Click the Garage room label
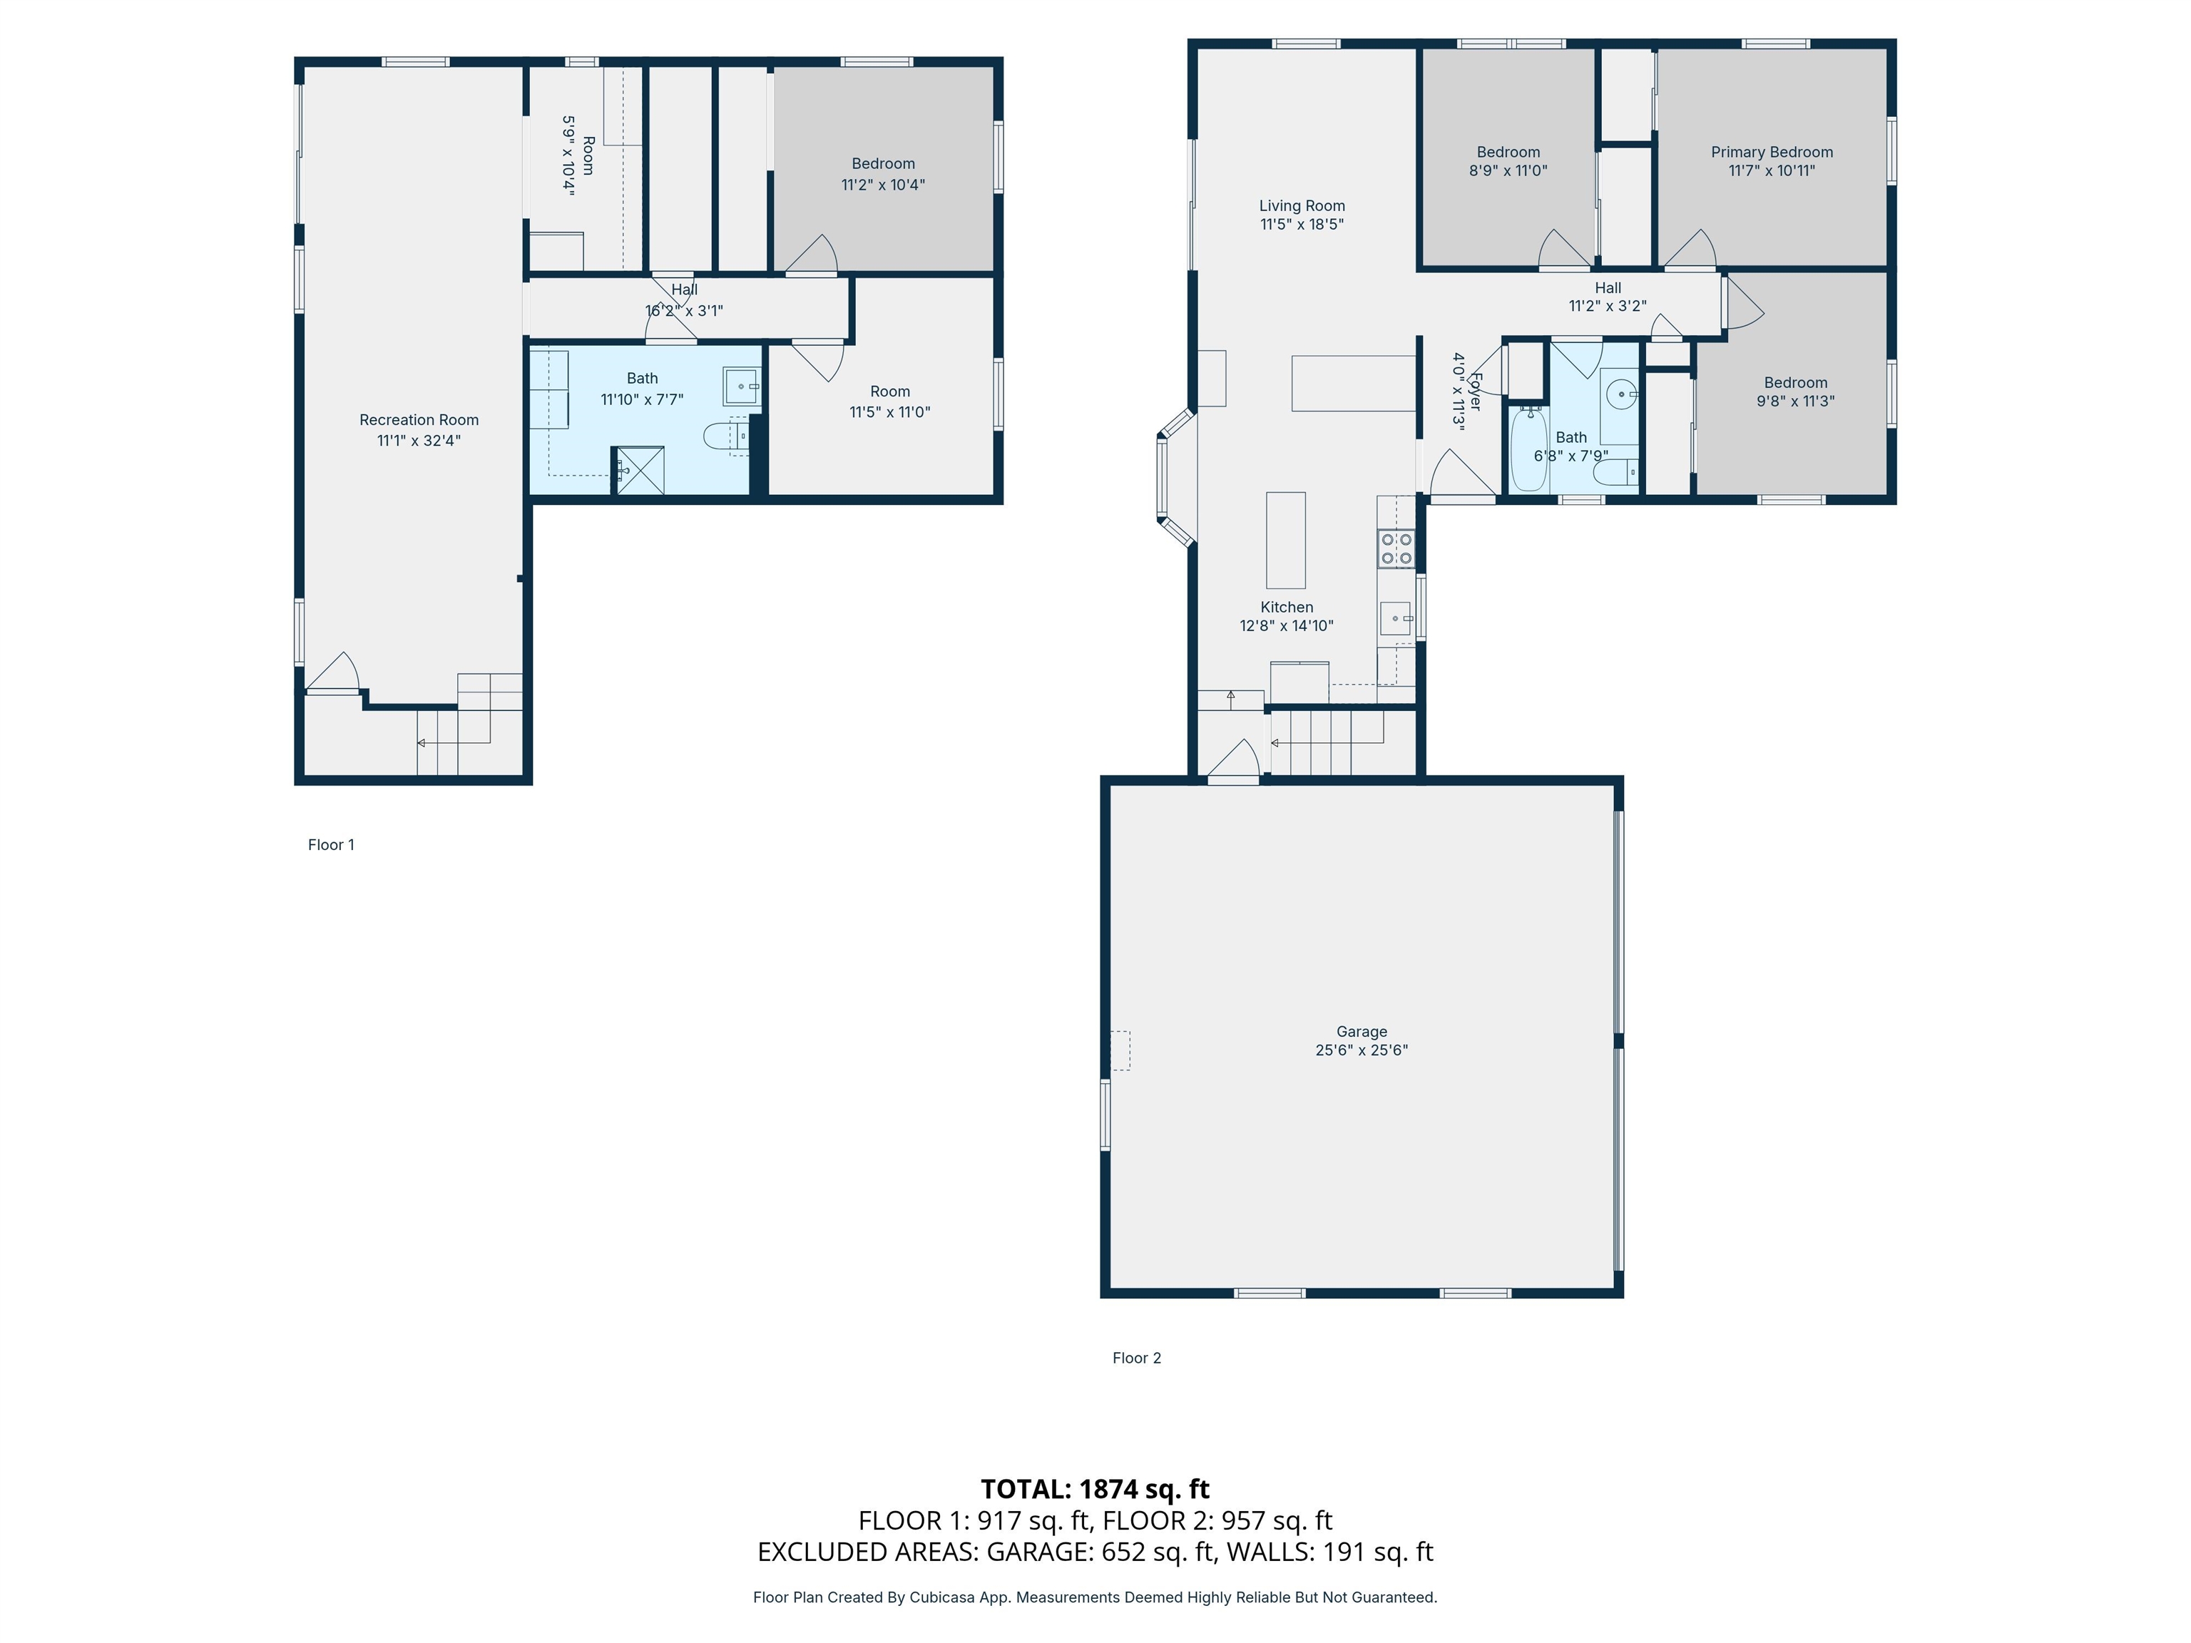tap(1361, 1031)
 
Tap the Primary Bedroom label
tap(1771, 151)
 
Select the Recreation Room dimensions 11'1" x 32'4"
tap(418, 441)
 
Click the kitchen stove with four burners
tap(1396, 548)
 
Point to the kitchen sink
tap(1396, 619)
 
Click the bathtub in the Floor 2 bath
tap(1528, 451)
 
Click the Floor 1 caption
tap(331, 845)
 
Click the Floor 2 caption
tap(1136, 1358)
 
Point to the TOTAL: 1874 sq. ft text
tap(1095, 1488)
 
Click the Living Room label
tap(1302, 206)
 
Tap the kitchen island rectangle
tap(1286, 540)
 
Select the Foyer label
tap(1475, 391)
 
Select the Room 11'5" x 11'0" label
tap(889, 391)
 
